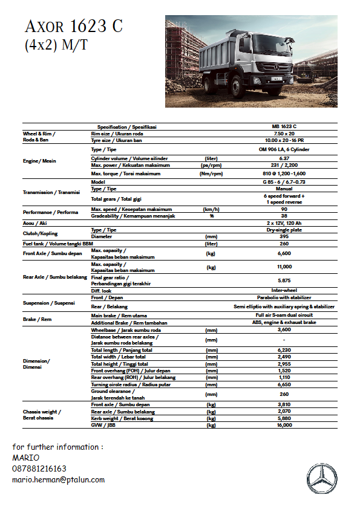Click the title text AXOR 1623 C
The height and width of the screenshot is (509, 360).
[73, 27]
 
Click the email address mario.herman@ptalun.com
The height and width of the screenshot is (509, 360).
[59, 479]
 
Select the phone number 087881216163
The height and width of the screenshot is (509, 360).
[39, 468]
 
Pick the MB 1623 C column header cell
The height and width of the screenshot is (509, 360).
[284, 126]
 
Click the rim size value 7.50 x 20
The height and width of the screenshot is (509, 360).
[284, 133]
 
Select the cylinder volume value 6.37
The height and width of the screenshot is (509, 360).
[284, 158]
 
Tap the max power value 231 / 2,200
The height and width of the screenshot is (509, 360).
[284, 165]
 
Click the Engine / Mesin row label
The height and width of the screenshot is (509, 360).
[39, 161]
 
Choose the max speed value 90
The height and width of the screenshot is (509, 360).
[284, 209]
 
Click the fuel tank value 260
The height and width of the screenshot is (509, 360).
[284, 243]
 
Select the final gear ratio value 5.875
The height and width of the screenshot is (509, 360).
[284, 280]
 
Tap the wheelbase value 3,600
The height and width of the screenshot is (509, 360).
[284, 330]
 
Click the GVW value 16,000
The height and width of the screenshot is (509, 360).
[284, 425]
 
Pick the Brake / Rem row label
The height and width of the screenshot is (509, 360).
[37, 319]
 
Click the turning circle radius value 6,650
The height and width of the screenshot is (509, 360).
[284, 384]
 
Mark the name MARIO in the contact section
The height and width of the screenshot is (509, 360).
[25, 458]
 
